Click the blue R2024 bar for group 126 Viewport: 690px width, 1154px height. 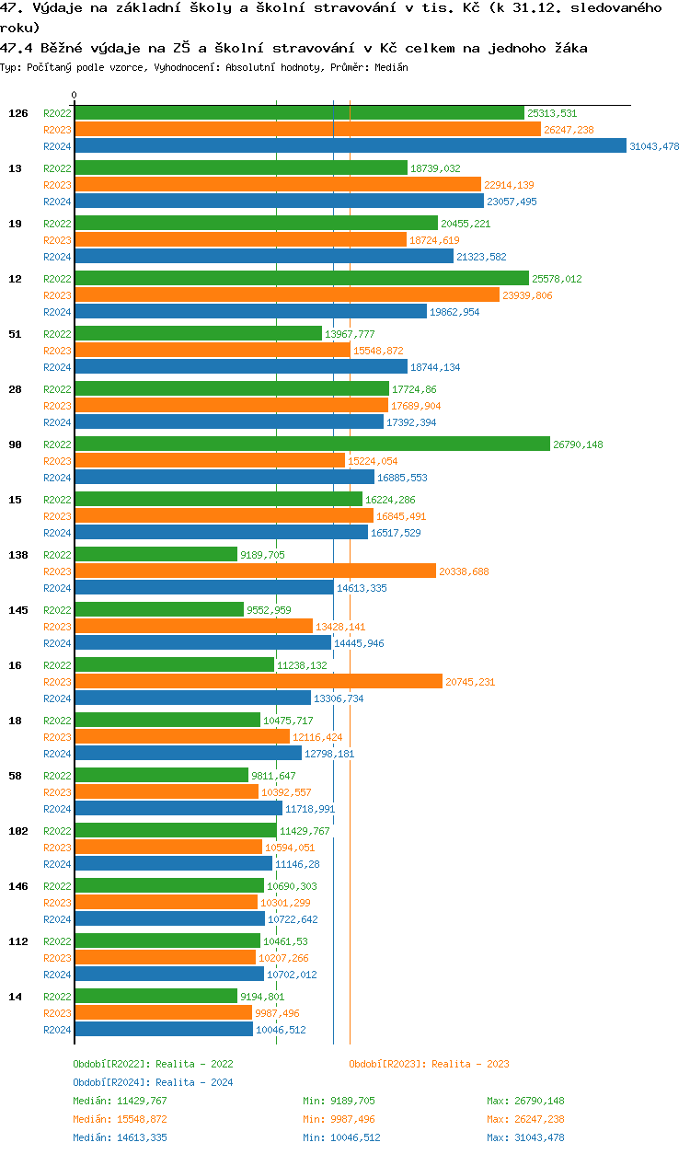tap(350, 146)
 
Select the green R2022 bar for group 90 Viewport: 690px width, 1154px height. tap(312, 444)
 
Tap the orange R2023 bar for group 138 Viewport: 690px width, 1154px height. tap(255, 571)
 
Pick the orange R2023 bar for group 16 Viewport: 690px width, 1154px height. tap(258, 682)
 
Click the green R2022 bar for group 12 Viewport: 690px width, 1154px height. tap(302, 279)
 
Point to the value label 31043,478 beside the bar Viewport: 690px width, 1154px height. tap(654, 146)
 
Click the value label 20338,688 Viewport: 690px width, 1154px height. tap(464, 571)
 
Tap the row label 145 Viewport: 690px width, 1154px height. tap(17, 610)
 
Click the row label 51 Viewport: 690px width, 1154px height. tap(15, 334)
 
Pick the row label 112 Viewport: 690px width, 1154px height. tap(17, 941)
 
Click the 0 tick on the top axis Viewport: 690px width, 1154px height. tap(75, 95)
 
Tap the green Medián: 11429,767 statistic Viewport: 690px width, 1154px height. tap(121, 1101)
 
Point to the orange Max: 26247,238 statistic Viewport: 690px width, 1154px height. tap(525, 1119)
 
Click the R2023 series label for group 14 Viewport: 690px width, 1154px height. tap(57, 1013)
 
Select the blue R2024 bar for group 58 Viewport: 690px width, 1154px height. tap(178, 809)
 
